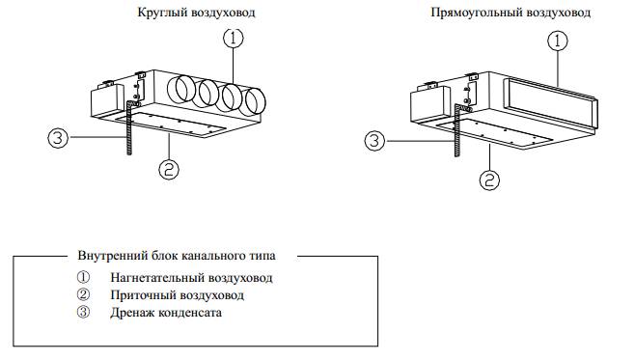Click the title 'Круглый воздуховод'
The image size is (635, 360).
[197, 13]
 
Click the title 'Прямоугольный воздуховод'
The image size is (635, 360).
[511, 13]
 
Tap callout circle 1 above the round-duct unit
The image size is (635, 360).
[234, 39]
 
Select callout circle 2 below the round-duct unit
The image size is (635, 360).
[169, 169]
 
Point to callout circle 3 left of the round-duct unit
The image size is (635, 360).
[58, 138]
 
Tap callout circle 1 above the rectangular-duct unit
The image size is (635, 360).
[558, 41]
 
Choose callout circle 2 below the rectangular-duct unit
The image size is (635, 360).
[489, 180]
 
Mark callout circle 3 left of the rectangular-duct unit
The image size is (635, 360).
[374, 141]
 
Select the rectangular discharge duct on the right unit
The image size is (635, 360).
[551, 103]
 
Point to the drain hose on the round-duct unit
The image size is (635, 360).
[129, 126]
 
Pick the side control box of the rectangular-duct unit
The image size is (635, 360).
[428, 104]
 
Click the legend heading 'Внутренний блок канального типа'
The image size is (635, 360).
[177, 256]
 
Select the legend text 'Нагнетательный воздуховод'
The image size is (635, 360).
[191, 278]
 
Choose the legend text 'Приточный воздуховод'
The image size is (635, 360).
[177, 295]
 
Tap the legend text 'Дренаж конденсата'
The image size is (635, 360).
[166, 313]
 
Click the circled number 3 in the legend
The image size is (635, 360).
[83, 312]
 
